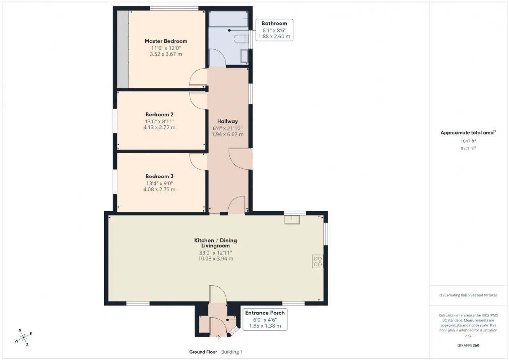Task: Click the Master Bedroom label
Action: click(166, 41)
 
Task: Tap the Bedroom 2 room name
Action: click(159, 114)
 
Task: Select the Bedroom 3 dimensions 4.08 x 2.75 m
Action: click(159, 189)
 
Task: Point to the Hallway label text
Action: click(227, 121)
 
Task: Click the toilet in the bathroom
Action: click(241, 39)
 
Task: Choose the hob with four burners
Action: click(317, 261)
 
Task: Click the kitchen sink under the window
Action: click(292, 220)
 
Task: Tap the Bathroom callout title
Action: click(274, 23)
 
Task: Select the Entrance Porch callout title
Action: click(265, 313)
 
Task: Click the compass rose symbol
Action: click(23, 337)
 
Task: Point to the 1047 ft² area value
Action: click(468, 141)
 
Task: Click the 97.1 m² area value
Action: click(468, 148)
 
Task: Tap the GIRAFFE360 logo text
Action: click(468, 345)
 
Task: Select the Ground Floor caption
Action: click(203, 352)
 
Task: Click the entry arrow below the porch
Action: click(218, 337)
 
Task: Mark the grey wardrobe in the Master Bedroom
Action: click(123, 49)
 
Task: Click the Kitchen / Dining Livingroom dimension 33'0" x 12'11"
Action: click(216, 253)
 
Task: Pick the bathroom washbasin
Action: click(245, 56)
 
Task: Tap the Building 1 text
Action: click(232, 352)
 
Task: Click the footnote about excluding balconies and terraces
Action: click(468, 295)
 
